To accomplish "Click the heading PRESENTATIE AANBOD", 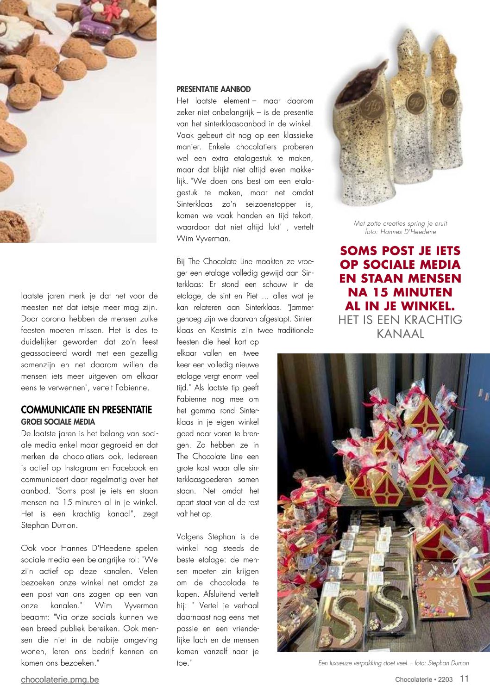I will tap(214, 89).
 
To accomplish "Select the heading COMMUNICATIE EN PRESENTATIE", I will tap(87, 410).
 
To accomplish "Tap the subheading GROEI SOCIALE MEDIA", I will tap(58, 422).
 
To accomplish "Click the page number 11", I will tap(465, 679).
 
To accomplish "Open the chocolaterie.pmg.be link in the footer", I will tap(60, 680).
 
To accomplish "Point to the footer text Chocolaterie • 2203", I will tap(424, 680).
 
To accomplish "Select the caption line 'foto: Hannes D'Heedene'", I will tap(400, 232).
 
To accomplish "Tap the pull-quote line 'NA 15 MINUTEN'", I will tap(400, 292).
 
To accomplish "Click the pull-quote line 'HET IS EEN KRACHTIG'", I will tap(400, 320).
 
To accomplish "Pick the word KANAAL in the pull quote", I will tap(400, 334).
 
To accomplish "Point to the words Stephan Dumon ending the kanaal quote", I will tap(49, 525).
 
